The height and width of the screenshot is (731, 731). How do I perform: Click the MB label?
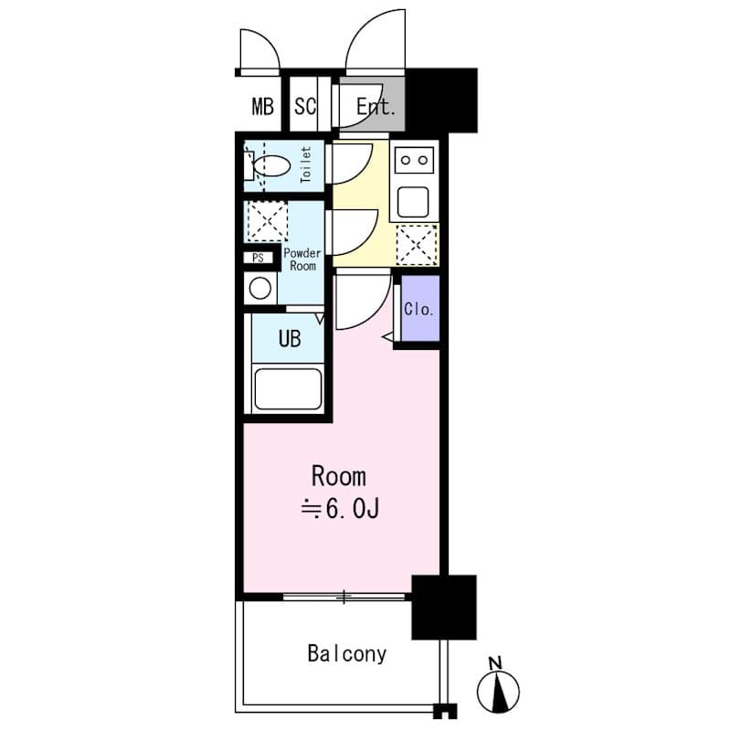[x=262, y=107]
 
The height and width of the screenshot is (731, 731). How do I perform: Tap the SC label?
[x=305, y=107]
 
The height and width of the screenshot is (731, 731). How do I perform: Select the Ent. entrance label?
[x=376, y=107]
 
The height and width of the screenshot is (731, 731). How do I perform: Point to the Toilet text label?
[x=306, y=166]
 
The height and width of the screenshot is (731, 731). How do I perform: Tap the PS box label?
[x=259, y=258]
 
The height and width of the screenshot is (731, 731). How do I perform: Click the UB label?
[x=289, y=340]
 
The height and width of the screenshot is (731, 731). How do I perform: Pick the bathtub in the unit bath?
[x=288, y=388]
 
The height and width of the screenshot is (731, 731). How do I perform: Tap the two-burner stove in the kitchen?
[x=415, y=160]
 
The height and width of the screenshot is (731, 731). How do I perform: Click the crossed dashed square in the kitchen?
[x=417, y=245]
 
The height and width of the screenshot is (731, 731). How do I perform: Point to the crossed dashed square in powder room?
[x=267, y=222]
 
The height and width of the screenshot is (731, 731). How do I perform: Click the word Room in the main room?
[x=338, y=476]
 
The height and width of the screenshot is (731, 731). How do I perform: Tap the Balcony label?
[x=346, y=654]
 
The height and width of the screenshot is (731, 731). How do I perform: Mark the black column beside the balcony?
[x=444, y=607]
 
